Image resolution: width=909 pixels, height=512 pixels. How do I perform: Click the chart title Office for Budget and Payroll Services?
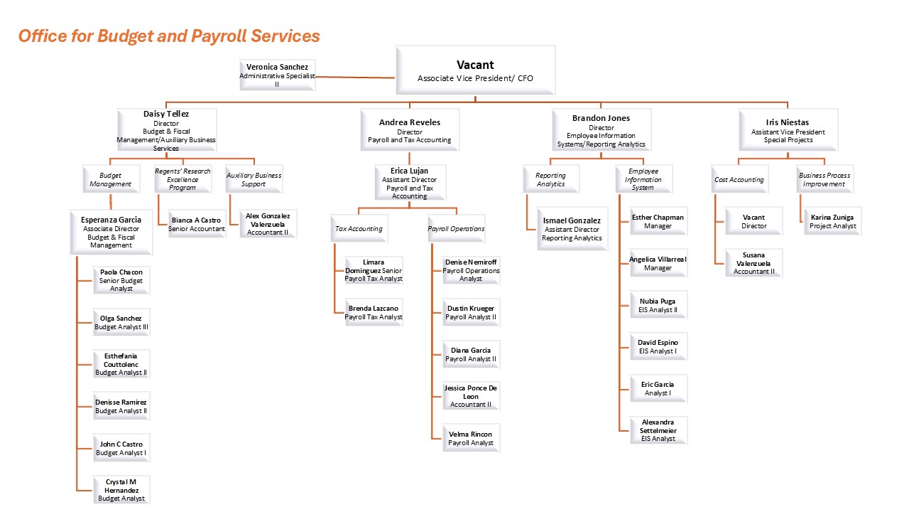coord(169,36)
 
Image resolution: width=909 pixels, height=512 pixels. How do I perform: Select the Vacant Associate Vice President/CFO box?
coord(475,70)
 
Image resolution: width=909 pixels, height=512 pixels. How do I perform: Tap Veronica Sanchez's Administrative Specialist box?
coord(277,75)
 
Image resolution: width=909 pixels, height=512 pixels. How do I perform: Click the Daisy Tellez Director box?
coord(166,130)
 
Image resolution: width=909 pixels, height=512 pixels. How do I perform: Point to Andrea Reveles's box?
coord(409,130)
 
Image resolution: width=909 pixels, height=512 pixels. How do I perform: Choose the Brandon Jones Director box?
coord(601,130)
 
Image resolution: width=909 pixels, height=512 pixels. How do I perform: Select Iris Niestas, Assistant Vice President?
coord(788,130)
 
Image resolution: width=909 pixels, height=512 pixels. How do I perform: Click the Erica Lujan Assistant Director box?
coord(409,183)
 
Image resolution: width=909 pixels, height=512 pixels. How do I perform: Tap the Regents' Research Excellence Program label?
coord(183,179)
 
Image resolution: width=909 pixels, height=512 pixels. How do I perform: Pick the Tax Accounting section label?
coord(359,229)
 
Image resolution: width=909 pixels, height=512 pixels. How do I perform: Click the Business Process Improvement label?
coord(824,179)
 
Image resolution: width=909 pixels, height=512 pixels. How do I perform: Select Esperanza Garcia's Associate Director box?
coord(111,232)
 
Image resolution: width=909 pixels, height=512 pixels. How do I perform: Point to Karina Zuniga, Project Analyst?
coord(832,221)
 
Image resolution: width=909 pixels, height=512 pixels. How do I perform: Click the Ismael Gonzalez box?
coord(572,229)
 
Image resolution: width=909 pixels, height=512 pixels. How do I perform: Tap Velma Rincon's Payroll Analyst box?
coord(470,438)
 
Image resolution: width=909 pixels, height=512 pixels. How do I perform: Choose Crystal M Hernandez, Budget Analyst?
coord(121,490)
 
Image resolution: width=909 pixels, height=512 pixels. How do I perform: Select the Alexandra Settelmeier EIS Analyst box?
coord(658,430)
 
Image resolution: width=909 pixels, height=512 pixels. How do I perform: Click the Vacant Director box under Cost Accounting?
coord(753,221)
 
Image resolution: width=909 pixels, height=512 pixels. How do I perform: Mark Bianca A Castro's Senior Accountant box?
coord(197,225)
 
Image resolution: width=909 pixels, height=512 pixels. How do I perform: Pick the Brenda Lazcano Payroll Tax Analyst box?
coord(374,312)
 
